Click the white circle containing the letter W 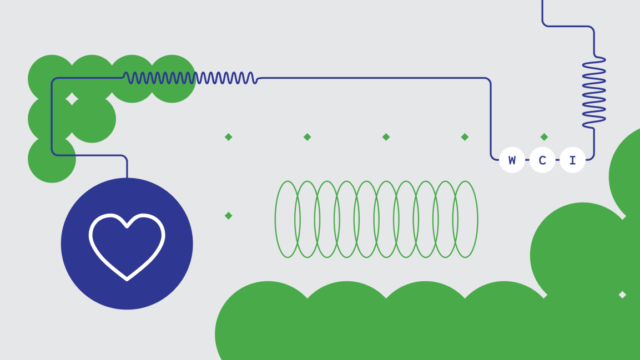coord(512,160)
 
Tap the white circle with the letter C coord(542,160)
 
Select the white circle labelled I coord(573,160)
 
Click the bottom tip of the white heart coord(127,280)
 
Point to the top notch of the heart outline coord(127,226)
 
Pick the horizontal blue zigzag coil coord(190,78)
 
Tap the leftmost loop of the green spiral coord(275,219)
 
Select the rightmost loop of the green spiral coord(477,219)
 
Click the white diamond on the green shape coord(622,295)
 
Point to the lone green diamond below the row coord(229,216)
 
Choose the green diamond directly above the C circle coord(544,137)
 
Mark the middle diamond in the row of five coord(386,137)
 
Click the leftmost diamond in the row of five coord(229,137)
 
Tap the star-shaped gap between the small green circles coord(72,99)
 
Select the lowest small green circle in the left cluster coord(52,159)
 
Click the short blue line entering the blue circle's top coord(127,170)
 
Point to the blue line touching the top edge coord(542,10)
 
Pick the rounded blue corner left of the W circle coord(492,158)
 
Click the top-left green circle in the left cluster coord(52,79)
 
